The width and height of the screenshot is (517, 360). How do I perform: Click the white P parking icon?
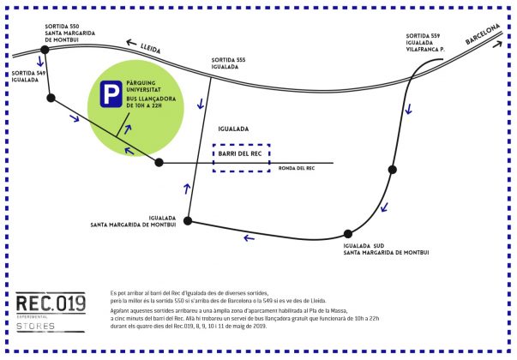[110, 94]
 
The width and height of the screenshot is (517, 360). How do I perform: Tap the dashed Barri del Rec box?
[242, 158]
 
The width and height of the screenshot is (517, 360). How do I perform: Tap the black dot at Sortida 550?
[45, 50]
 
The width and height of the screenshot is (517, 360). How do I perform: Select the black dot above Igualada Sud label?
[348, 233]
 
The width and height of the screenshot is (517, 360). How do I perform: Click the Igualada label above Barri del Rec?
[233, 129]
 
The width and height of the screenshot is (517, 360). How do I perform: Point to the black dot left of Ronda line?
[159, 162]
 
